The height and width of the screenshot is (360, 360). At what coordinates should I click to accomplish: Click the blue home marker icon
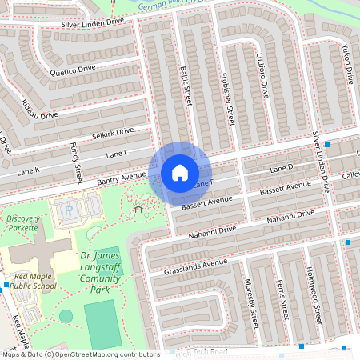point(180,173)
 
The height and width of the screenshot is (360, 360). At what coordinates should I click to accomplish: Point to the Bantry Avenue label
point(122,176)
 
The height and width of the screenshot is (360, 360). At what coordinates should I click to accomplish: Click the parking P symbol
point(67,211)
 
